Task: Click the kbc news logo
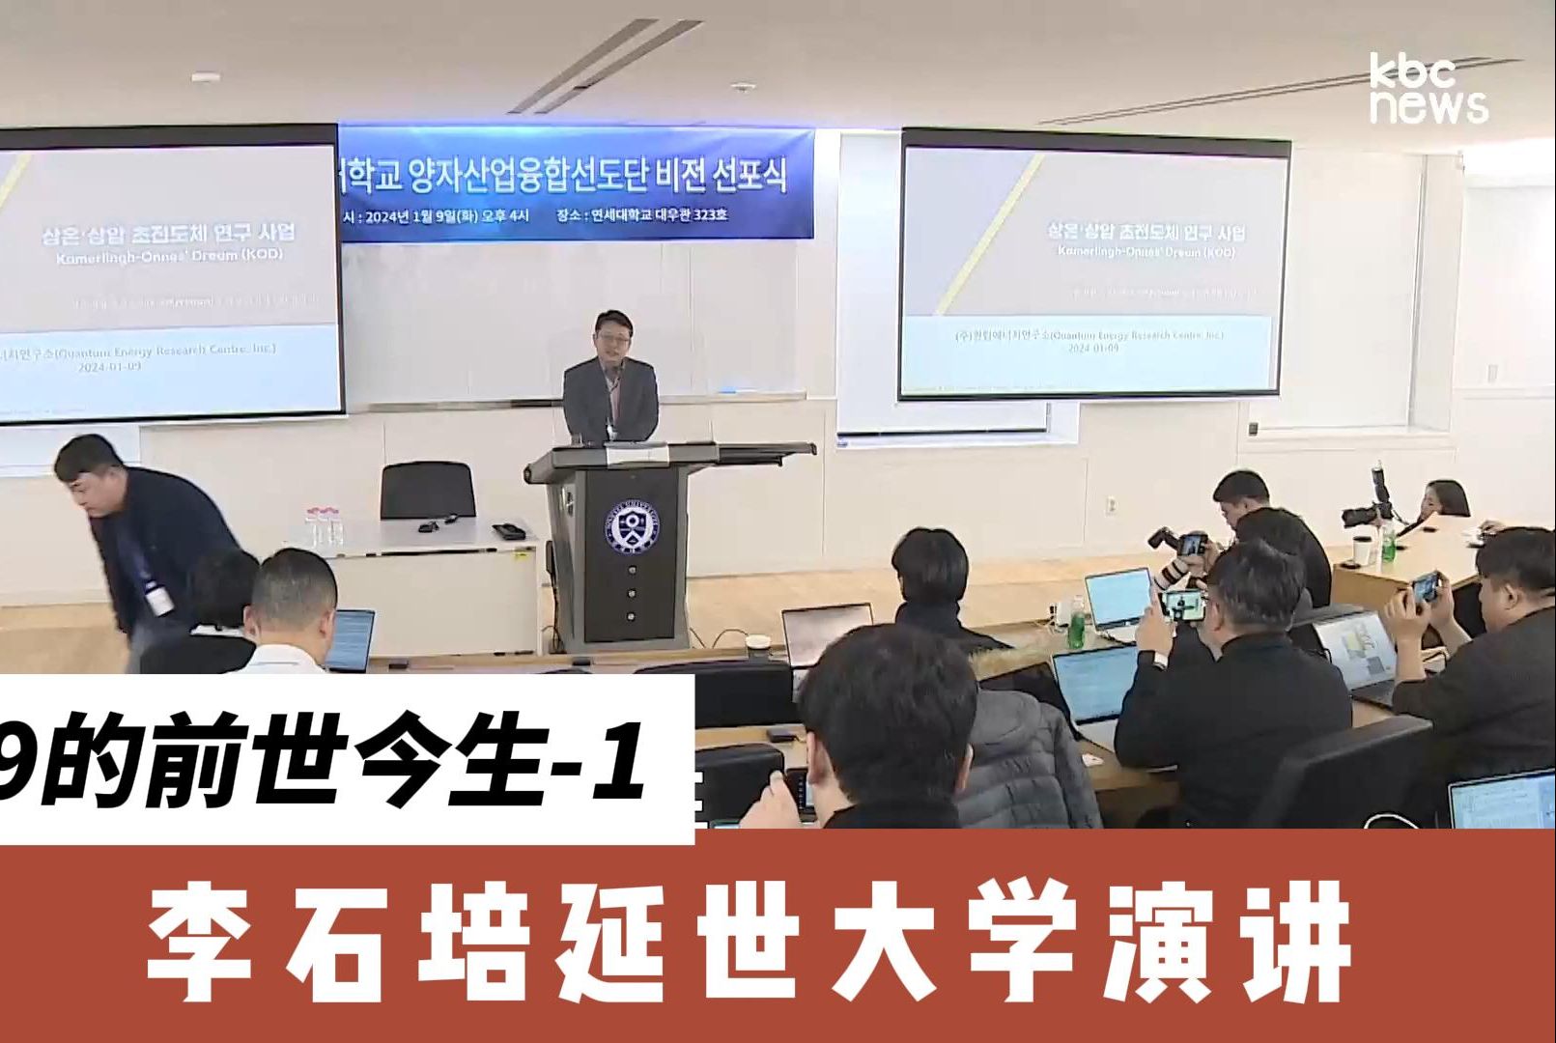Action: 1429,90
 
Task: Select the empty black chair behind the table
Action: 427,492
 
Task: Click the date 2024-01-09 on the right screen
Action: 1094,348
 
